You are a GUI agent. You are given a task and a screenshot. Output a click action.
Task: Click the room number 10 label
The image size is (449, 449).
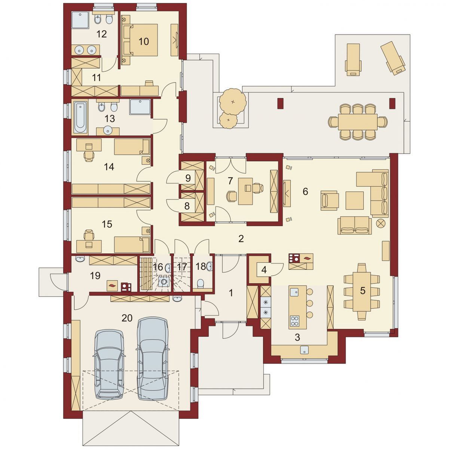pos(144,42)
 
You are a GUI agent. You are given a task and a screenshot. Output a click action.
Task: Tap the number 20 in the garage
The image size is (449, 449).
pos(127,318)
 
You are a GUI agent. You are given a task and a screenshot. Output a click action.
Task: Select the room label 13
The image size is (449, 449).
pos(110,119)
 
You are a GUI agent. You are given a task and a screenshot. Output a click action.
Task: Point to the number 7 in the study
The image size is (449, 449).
pos(230,181)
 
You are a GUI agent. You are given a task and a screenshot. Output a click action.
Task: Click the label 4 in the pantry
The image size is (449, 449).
pos(264,270)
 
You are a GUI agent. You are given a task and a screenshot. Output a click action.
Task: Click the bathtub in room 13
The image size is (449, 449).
pos(80,117)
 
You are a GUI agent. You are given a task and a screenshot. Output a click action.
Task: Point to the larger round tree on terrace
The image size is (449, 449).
pos(233,102)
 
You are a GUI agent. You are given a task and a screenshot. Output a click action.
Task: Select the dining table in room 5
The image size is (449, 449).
pos(361,292)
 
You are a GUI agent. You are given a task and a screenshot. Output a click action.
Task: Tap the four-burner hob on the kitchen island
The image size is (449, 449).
pos(295,321)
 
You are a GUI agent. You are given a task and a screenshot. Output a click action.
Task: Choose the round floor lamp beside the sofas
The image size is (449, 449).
pos(381,223)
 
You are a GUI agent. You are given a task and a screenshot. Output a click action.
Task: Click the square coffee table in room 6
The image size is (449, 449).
pos(354,201)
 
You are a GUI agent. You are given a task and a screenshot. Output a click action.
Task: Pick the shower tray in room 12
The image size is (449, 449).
pos(80,20)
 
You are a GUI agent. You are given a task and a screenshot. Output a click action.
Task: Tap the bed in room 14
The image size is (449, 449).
pos(132,147)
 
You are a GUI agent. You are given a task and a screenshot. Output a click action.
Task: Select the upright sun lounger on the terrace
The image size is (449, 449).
pos(353,59)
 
